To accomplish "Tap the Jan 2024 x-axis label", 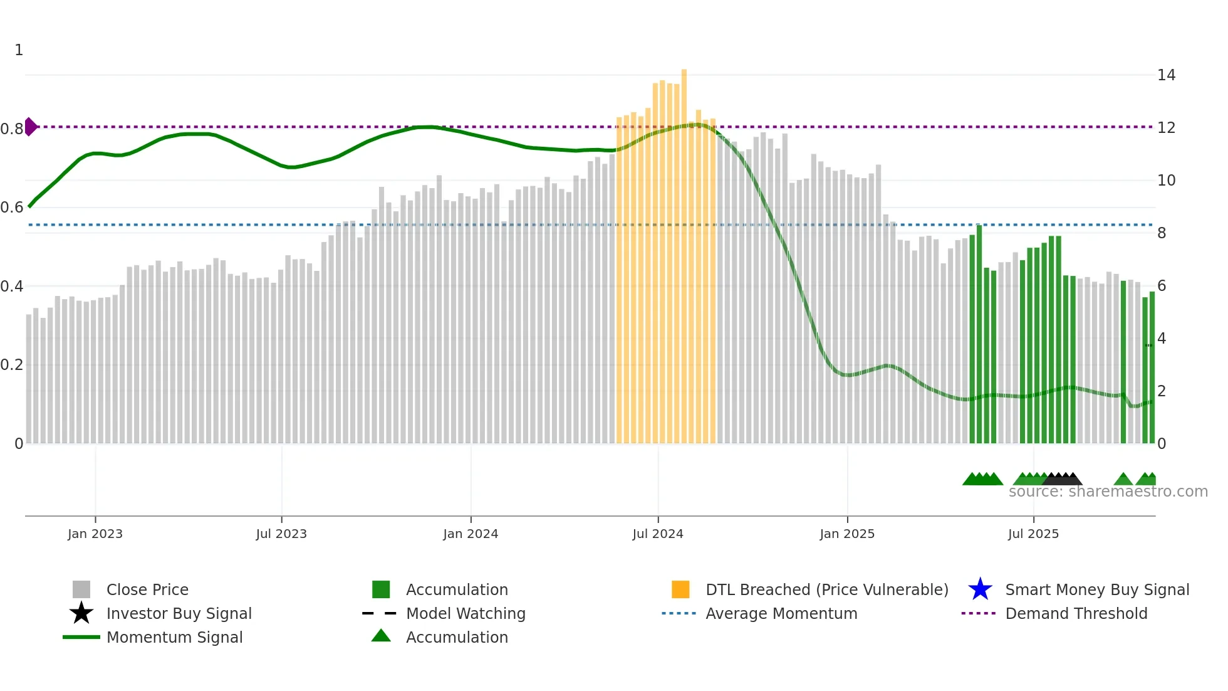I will tap(471, 534).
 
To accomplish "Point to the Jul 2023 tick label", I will tap(281, 534).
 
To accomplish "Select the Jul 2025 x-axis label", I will tap(1033, 534).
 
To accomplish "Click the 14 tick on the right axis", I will tap(1166, 75).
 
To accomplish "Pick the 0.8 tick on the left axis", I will tap(12, 129).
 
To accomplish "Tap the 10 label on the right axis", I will tap(1166, 181).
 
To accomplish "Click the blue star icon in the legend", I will tap(980, 589).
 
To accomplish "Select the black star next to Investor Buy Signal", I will tap(81, 613).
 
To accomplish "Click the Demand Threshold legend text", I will tap(1076, 613).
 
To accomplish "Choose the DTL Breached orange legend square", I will tap(680, 589).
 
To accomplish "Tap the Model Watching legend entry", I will tap(466, 613).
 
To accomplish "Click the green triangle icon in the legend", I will tap(381, 636).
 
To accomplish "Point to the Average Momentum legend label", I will tap(781, 613).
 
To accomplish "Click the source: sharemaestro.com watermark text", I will tap(1108, 492).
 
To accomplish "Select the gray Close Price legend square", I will tap(81, 589).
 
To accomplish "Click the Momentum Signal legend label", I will tap(174, 637).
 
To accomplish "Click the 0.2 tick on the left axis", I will tap(12, 365).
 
